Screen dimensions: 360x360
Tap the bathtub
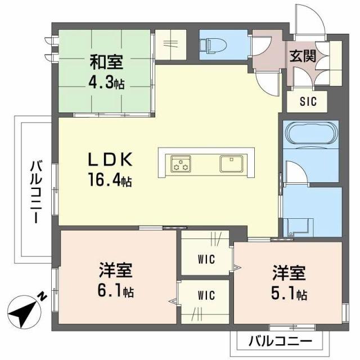click(311, 136)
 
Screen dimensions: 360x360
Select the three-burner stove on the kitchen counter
click(181, 164)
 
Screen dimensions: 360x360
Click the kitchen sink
click(231, 164)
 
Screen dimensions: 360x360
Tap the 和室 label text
click(106, 60)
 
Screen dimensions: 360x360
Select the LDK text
click(110, 160)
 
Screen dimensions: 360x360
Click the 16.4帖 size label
click(109, 181)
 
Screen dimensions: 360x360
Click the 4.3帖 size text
click(106, 83)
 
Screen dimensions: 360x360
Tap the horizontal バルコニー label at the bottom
click(280, 341)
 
